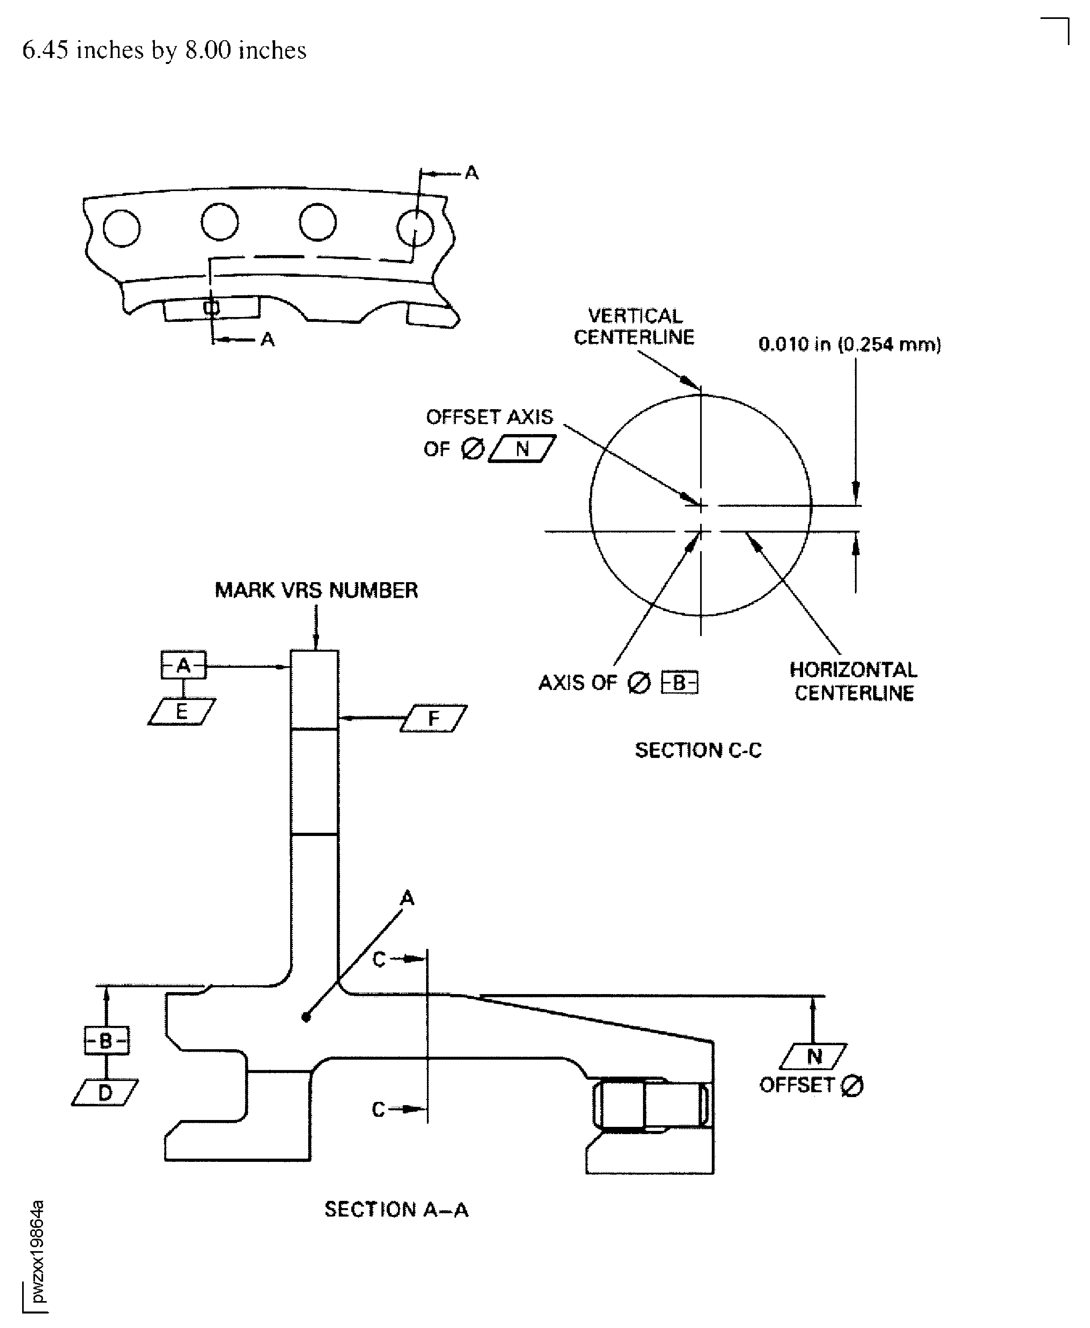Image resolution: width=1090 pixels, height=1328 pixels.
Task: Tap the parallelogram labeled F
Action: (434, 719)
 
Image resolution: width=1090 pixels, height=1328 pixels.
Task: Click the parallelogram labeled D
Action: (105, 1093)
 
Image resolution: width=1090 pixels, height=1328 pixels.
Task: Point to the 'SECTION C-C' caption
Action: (698, 750)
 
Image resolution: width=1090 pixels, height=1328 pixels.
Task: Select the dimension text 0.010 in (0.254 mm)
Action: (849, 344)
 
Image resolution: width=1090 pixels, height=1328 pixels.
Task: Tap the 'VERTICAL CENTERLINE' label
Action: (634, 327)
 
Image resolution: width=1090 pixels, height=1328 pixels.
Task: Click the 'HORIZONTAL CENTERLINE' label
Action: (854, 681)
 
